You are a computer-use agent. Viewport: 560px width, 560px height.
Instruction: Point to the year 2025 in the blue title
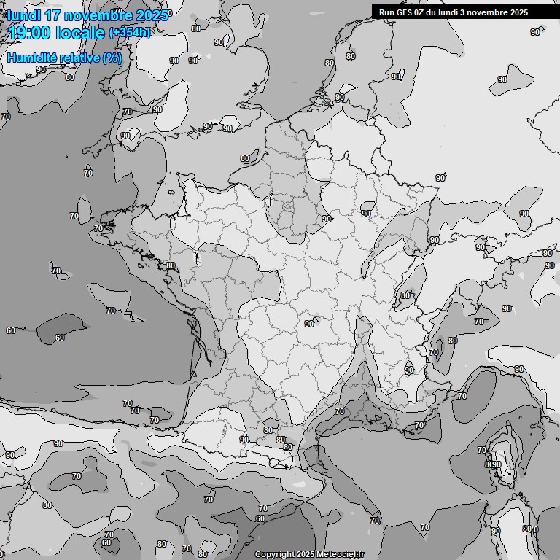tap(152, 15)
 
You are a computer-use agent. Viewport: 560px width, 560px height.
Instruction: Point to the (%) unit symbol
tap(112, 58)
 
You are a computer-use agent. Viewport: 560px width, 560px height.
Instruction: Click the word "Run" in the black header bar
tap(386, 12)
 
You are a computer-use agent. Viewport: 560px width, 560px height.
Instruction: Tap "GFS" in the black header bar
tap(405, 12)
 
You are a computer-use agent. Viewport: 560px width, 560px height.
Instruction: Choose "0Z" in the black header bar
tap(422, 12)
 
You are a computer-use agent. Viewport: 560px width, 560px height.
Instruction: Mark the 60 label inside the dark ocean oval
tap(59, 338)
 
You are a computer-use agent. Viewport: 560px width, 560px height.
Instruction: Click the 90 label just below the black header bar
tap(535, 32)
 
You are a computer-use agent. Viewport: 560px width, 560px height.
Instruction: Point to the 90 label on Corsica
tap(496, 465)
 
